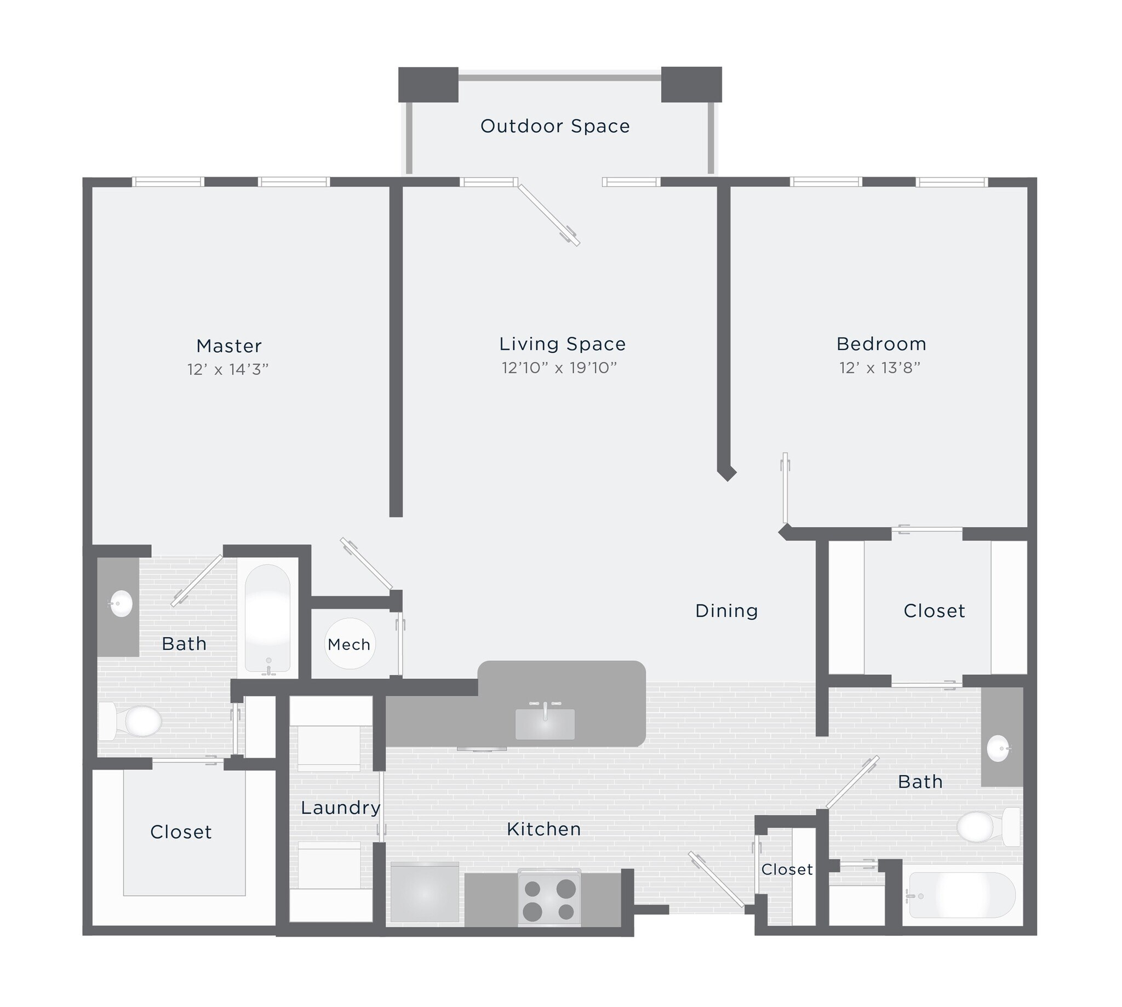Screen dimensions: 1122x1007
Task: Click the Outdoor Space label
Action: coord(555,126)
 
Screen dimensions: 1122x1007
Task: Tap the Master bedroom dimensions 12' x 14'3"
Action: coord(228,370)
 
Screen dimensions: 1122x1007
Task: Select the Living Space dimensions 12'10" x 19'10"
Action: coord(559,368)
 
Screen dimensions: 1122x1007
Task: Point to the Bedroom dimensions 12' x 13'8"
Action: coord(880,368)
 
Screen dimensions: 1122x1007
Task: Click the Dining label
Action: coord(726,611)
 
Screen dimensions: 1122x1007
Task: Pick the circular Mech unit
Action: coord(350,644)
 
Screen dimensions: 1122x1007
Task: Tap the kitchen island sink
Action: coord(545,722)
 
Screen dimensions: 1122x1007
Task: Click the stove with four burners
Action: coord(549,899)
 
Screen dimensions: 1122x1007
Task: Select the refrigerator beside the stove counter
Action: coord(425,894)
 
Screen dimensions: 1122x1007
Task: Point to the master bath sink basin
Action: coord(121,604)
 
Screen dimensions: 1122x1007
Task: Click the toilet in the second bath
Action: coord(988,827)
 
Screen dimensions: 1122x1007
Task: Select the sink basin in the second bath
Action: coord(999,748)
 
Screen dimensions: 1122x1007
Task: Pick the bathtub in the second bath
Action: coord(962,896)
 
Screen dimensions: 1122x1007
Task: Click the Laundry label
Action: coord(341,808)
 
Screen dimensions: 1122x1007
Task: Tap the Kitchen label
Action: coord(544,829)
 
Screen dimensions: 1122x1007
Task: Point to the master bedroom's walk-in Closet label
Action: coord(181,832)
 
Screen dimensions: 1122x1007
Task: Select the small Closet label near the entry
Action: coord(787,869)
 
